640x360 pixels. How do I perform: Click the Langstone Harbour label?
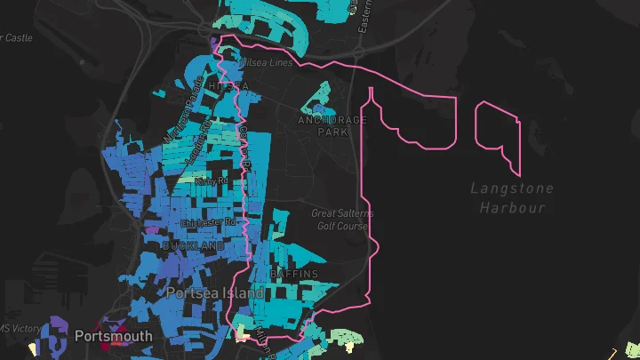point(511,197)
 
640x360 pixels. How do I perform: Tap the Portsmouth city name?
point(113,337)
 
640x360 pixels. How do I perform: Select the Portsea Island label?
point(215,292)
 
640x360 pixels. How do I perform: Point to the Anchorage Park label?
point(332,125)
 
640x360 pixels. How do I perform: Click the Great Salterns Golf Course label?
point(342,220)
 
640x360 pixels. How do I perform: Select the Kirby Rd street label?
point(205,180)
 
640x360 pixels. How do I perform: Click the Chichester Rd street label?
point(206,222)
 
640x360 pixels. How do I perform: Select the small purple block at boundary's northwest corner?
point(214,44)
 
